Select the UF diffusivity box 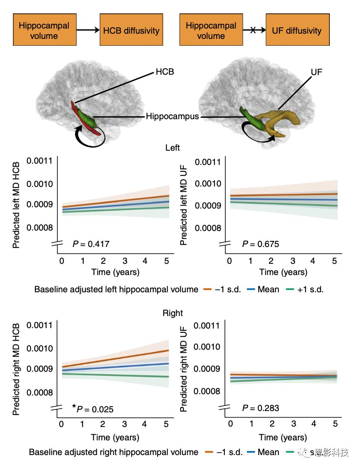[297, 30]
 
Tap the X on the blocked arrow [253, 30]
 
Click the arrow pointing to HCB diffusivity [86, 30]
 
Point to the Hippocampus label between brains [172, 117]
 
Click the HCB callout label [164, 72]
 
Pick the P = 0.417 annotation [91, 245]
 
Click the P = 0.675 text [260, 245]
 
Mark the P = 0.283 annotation [260, 408]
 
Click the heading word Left [173, 148]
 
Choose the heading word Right [173, 313]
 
